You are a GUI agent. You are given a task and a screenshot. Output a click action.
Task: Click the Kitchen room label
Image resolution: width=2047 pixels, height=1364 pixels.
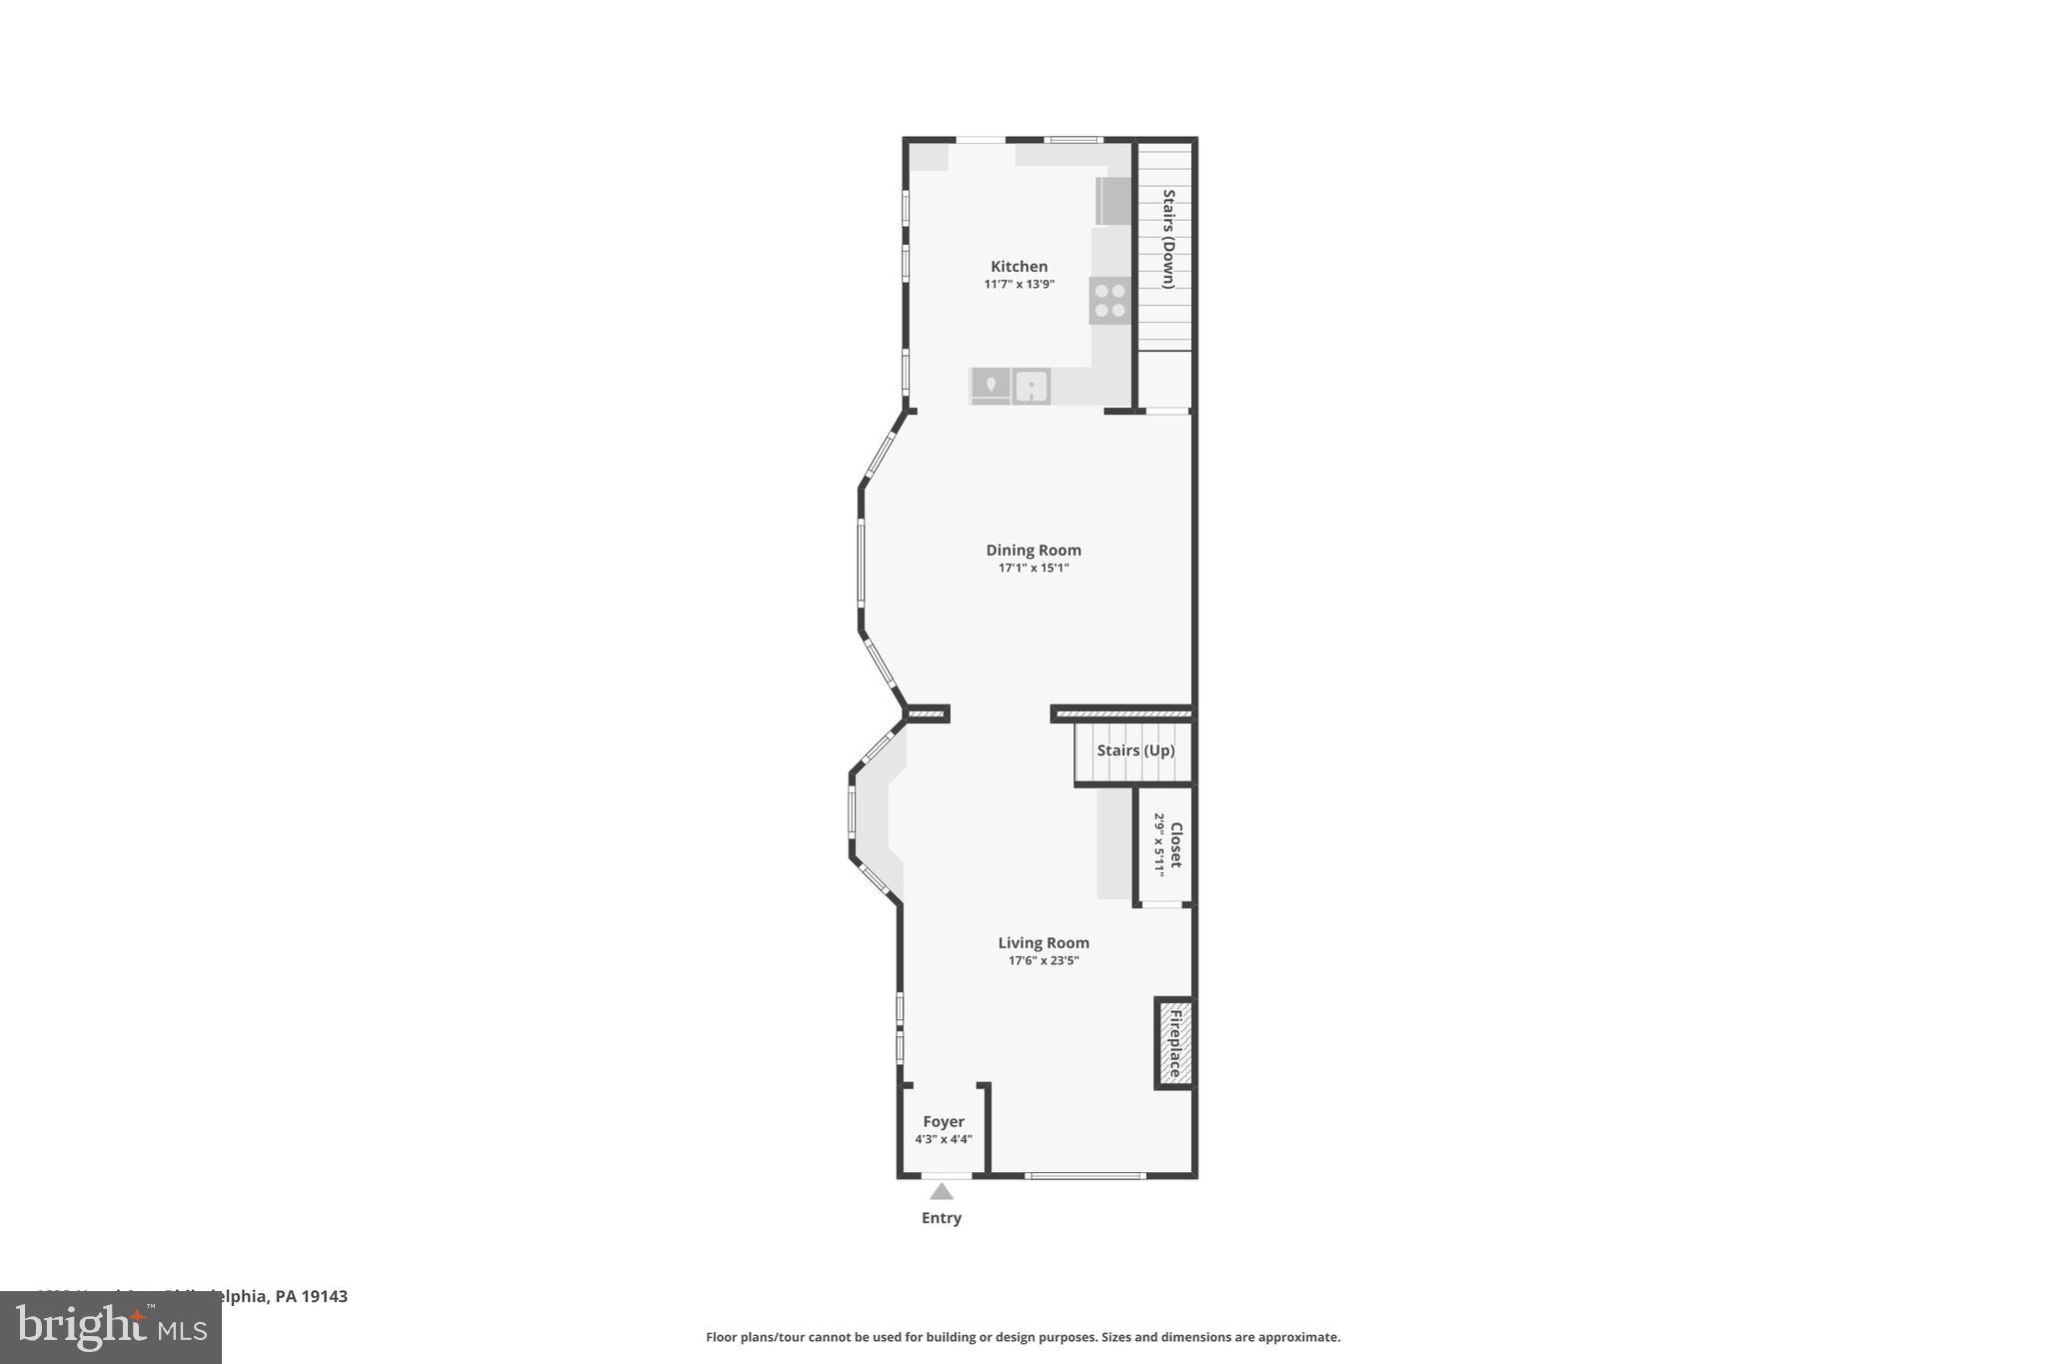(1019, 267)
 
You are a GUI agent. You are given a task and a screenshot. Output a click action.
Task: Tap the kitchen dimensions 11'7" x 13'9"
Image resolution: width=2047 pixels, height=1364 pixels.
(1019, 285)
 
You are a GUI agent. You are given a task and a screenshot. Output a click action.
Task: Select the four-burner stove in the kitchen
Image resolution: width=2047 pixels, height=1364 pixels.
(1109, 301)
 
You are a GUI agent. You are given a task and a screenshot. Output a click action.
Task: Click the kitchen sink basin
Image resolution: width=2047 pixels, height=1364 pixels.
(1030, 386)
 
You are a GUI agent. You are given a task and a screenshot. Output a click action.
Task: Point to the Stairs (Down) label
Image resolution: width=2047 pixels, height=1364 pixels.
(1168, 239)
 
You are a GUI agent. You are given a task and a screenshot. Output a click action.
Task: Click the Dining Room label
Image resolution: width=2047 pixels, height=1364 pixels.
(1033, 551)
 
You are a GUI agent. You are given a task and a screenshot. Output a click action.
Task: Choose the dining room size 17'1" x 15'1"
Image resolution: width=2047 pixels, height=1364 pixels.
(1033, 569)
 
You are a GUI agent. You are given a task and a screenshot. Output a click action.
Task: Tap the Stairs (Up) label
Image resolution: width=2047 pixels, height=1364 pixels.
(1135, 750)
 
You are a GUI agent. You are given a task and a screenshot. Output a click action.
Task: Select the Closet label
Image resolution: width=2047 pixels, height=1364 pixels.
(1176, 844)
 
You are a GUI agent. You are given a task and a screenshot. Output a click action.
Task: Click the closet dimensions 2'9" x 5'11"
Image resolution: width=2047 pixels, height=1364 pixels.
(1159, 844)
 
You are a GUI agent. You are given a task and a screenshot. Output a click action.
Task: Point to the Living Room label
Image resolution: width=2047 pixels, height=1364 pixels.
(1043, 943)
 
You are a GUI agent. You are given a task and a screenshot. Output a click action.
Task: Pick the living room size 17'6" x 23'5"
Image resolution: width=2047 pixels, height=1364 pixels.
(1043, 961)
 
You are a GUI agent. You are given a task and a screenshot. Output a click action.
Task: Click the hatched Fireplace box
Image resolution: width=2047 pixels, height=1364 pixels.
(1174, 1043)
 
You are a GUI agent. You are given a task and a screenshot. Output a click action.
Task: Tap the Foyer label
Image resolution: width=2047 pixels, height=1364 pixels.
(944, 1122)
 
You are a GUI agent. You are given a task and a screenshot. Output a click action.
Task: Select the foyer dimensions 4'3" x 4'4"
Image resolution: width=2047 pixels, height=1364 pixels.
(944, 1140)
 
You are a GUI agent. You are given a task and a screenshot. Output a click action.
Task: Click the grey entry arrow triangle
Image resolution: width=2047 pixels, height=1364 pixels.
(942, 1191)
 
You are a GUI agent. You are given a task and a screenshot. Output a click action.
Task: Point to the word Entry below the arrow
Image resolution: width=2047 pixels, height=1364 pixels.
(942, 1218)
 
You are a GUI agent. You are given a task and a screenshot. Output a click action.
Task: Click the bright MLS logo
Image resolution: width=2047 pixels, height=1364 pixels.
(111, 1328)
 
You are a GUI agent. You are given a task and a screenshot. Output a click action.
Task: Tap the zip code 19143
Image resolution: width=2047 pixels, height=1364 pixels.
(325, 1297)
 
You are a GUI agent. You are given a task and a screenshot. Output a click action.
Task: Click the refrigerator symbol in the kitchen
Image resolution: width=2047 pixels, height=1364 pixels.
(1113, 201)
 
